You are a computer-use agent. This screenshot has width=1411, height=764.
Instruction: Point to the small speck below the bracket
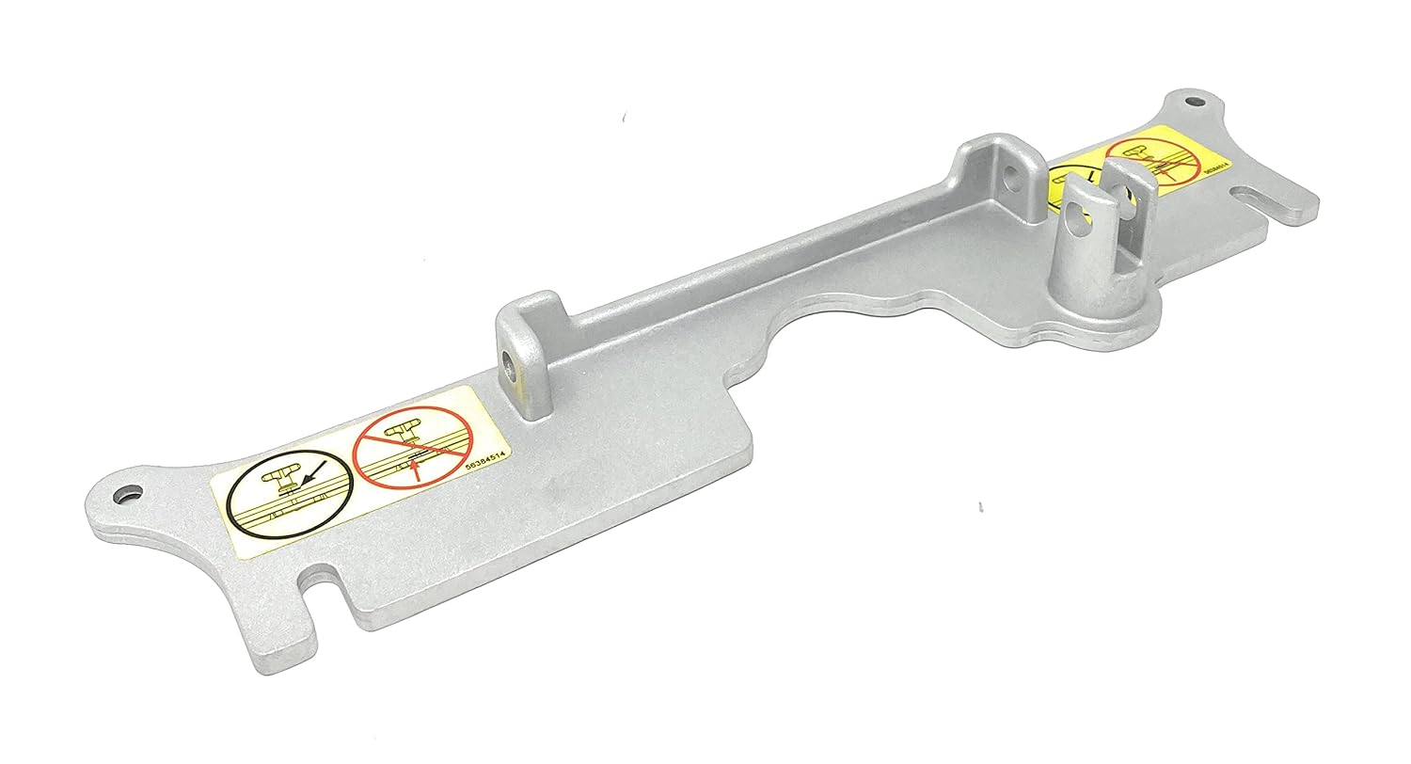980,508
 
